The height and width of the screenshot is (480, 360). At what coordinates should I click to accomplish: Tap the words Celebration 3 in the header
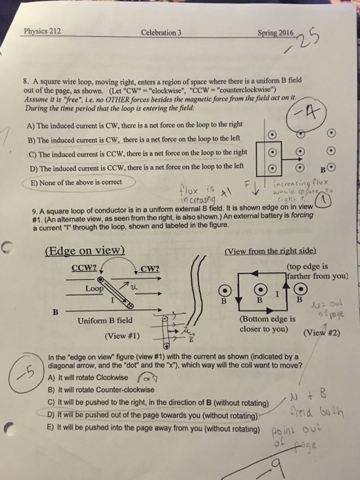tap(160, 32)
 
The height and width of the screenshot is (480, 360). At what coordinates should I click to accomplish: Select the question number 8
tap(25, 80)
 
